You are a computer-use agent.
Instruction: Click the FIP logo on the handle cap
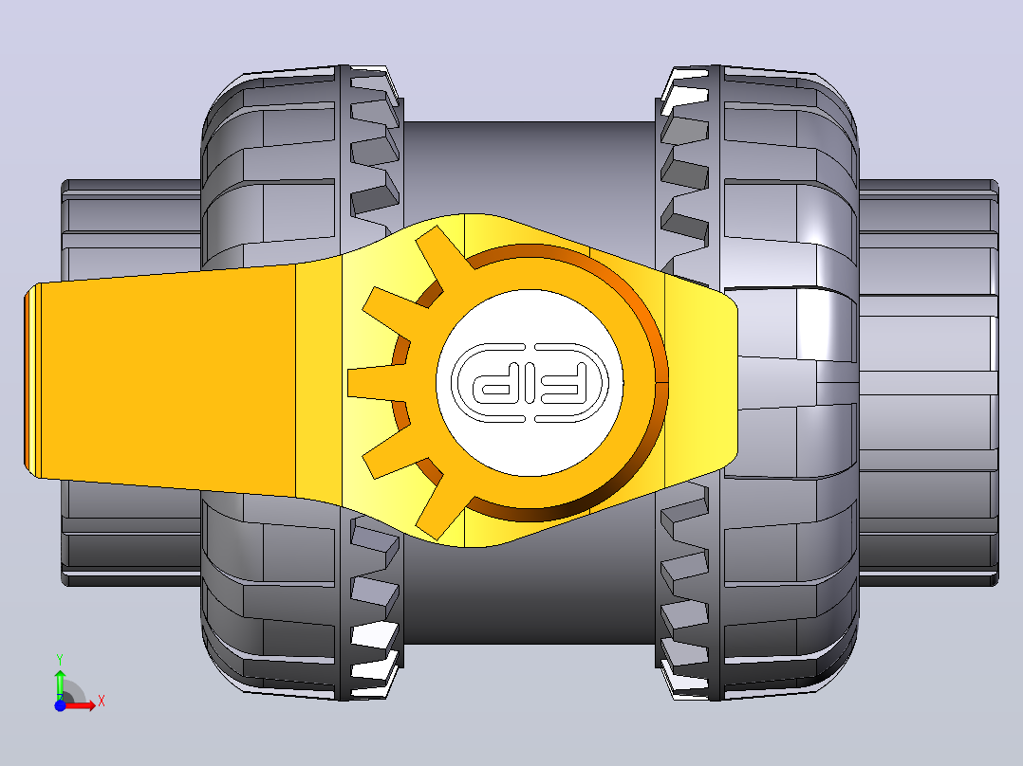tap(530, 383)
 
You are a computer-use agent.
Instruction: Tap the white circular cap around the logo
tap(530, 383)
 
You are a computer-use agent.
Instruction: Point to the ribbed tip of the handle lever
tap(32, 381)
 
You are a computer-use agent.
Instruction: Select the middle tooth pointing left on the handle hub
tap(372, 383)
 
